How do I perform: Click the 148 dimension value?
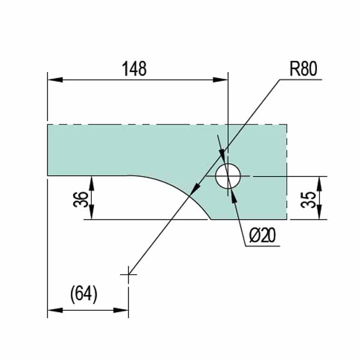click(134, 68)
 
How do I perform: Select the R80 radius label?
click(303, 68)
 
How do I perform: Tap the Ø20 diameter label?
click(261, 236)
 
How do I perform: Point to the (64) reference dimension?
click(83, 293)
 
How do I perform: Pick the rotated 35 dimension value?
click(308, 199)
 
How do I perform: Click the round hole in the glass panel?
click(228, 176)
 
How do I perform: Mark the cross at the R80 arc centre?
click(128, 275)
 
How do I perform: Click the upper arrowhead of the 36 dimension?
click(90, 181)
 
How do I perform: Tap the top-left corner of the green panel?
click(48, 125)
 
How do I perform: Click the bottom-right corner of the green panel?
click(287, 220)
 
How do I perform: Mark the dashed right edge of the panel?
click(287, 150)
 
